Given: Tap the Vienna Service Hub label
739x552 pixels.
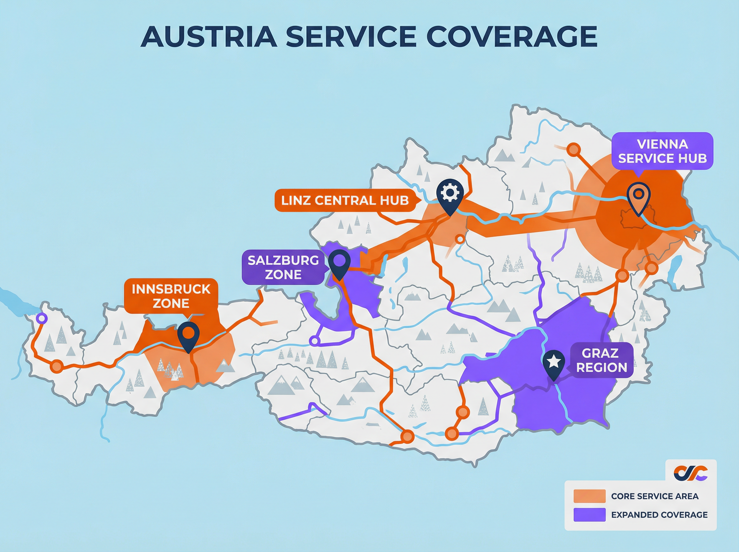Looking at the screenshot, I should coord(662,151).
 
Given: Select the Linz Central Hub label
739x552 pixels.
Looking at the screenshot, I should coord(345,201).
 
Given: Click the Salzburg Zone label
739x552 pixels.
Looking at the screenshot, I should coord(283,267).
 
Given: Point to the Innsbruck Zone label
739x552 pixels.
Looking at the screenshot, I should coord(171,296).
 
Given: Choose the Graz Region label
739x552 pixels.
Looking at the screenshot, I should coord(601,360).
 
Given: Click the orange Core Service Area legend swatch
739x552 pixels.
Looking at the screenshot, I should coord(589,496).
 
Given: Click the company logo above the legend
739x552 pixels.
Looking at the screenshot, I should coord(691,473).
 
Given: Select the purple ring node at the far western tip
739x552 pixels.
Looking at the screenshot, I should coord(41,319).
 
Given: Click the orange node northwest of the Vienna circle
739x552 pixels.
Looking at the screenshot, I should coord(574,149).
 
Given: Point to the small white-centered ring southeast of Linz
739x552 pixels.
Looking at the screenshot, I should coord(460,239).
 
